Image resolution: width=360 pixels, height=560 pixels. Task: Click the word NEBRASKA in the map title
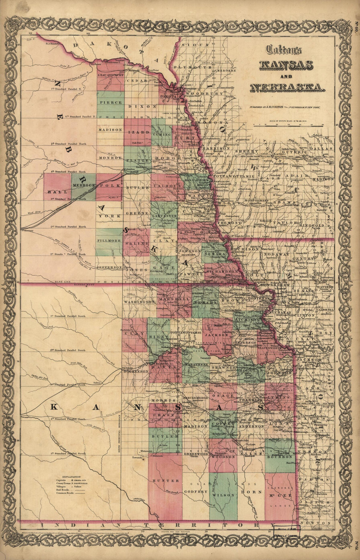(x=287, y=88)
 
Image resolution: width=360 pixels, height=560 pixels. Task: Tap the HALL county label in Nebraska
(x=53, y=192)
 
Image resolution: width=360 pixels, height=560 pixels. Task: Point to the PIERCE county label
(x=111, y=102)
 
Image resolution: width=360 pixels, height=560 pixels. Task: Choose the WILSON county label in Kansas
(x=223, y=495)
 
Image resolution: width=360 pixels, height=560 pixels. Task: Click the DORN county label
(x=251, y=492)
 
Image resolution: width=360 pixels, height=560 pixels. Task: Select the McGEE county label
(x=280, y=496)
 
